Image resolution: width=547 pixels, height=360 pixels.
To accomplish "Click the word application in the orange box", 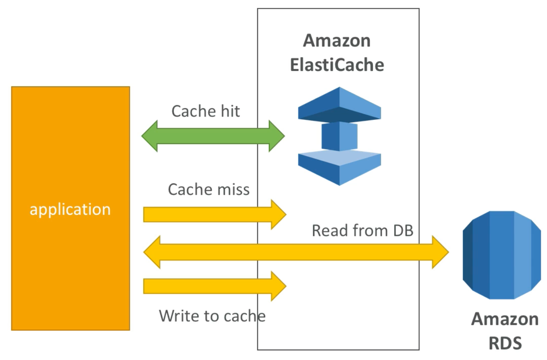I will pyautogui.click(x=70, y=209).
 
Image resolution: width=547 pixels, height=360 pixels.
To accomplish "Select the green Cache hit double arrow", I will pyautogui.click(x=213, y=136).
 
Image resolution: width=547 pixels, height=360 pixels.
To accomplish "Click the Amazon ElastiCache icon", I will pyautogui.click(x=339, y=136).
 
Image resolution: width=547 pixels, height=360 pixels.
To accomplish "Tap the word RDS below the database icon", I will pyautogui.click(x=505, y=343).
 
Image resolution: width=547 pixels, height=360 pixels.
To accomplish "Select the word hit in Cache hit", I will pyautogui.click(x=229, y=111).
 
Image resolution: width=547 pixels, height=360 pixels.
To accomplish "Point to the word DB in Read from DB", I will pyautogui.click(x=403, y=231).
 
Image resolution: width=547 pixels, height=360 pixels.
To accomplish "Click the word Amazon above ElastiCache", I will pyautogui.click(x=337, y=41).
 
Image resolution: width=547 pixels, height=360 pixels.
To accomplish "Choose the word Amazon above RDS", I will pyautogui.click(x=505, y=319).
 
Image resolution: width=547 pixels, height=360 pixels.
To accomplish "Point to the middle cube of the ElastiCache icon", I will pyautogui.click(x=339, y=136).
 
